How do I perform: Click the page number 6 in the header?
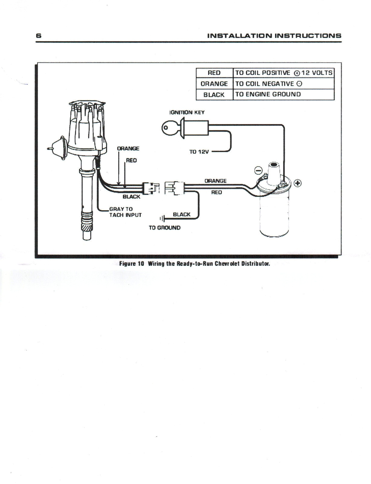coord(38,35)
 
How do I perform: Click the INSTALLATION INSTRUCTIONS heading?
coord(274,35)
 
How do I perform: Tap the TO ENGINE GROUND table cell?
coord(268,94)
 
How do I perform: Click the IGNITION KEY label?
coord(187,113)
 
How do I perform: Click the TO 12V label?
coord(199,152)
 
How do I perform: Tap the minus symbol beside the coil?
coord(259,171)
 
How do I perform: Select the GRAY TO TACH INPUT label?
coord(125,212)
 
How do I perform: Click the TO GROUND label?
coord(164,227)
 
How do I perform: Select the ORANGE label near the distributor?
coord(128,149)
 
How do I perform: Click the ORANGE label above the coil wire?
coord(215,181)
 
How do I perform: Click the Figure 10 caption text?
coord(194,263)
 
